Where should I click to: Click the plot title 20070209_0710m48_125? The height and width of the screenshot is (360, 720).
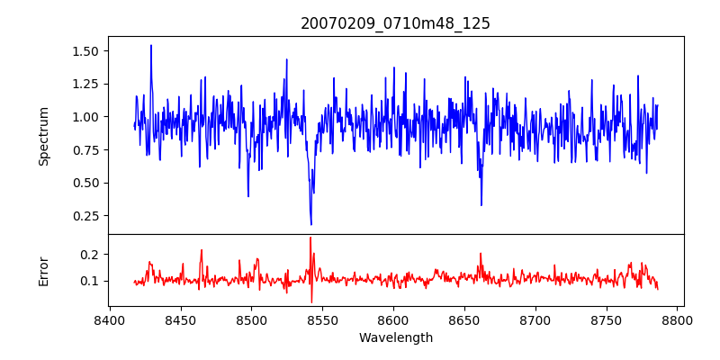(x=395, y=23)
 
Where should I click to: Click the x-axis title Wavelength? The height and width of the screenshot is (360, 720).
(x=395, y=337)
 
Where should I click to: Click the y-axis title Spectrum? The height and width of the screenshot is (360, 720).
(x=44, y=136)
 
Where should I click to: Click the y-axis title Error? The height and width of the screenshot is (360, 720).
(x=44, y=271)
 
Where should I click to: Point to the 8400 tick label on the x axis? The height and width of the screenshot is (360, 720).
(x=109, y=319)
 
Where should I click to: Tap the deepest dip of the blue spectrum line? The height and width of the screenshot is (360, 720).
(x=311, y=224)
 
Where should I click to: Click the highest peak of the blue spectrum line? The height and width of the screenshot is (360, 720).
(x=151, y=45)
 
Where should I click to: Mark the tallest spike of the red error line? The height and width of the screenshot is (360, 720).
(x=310, y=238)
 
